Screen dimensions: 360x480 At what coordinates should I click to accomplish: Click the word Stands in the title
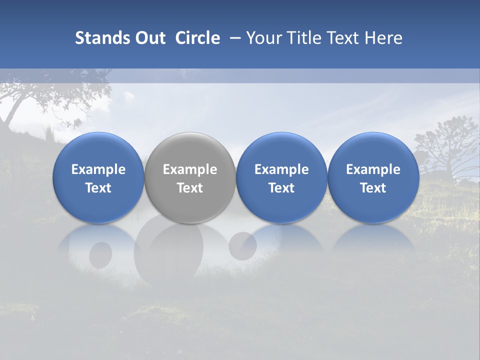click(102, 38)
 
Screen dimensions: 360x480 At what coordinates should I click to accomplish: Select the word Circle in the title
click(197, 38)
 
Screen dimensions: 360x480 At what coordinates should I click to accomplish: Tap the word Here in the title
click(384, 38)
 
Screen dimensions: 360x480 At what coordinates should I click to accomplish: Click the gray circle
click(190, 150)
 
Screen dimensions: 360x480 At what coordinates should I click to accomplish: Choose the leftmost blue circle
click(98, 150)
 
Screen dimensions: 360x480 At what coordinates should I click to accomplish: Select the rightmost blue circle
click(373, 150)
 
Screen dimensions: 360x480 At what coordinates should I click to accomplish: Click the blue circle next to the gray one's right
click(281, 150)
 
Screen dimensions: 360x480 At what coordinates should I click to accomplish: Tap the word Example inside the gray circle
click(190, 169)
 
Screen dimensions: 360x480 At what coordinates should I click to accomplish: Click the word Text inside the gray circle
click(190, 188)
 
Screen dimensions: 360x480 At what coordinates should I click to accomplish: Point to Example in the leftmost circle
click(98, 169)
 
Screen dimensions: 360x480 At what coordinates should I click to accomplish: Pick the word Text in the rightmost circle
click(373, 188)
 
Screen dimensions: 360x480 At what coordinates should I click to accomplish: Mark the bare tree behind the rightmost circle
click(445, 145)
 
